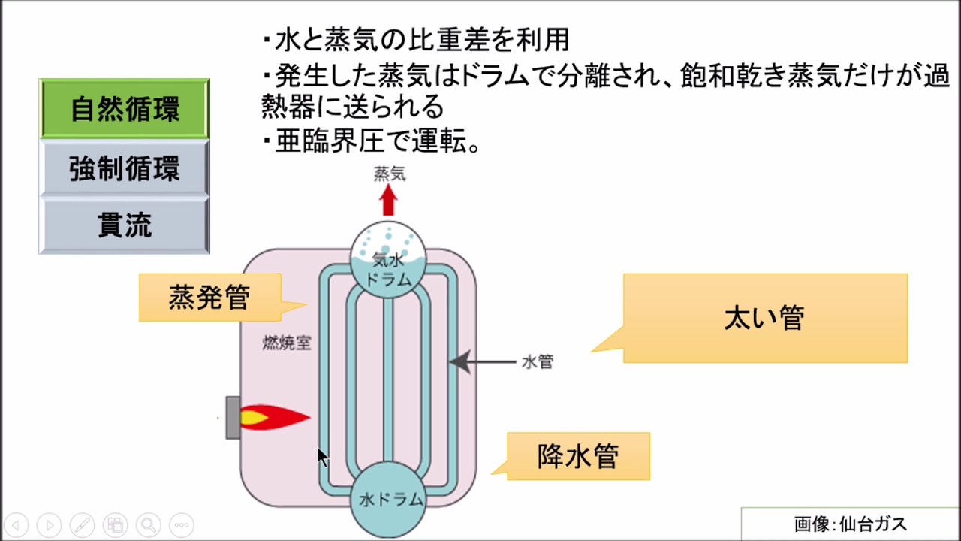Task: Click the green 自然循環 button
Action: click(125, 110)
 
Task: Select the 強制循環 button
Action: click(125, 168)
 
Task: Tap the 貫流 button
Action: click(125, 225)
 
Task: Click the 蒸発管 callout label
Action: click(209, 298)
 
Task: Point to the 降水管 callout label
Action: click(578, 456)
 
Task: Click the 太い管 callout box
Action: click(765, 318)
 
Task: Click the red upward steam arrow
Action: click(388, 200)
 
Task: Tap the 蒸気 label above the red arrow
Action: click(390, 174)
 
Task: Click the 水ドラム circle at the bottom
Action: click(388, 497)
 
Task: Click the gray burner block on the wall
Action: click(233, 417)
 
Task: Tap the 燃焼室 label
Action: click(286, 343)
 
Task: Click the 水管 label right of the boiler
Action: click(538, 362)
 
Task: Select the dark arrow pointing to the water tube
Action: click(484, 362)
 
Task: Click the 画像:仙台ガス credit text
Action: click(851, 524)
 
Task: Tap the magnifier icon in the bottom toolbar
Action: click(149, 525)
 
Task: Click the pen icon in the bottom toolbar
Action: click(83, 525)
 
